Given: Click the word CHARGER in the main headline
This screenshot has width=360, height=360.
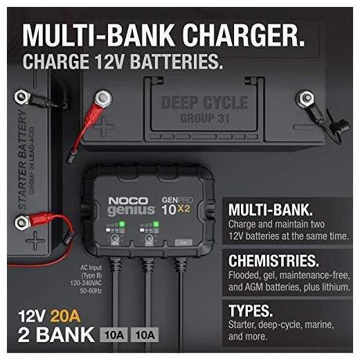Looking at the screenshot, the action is coord(244,35).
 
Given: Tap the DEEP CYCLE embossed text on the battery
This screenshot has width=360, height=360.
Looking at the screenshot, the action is coord(205,102).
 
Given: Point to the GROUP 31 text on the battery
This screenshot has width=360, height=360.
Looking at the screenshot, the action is coord(204,118).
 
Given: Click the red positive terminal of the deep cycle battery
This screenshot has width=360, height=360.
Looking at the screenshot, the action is coord(102,99).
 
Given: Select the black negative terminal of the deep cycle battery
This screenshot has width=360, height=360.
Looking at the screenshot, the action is coord(305,99).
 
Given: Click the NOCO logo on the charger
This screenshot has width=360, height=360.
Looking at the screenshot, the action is coord(128,201).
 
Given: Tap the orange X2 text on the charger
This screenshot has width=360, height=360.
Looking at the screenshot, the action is coord(183,208).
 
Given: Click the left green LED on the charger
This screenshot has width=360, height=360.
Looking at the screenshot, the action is coord(122,224).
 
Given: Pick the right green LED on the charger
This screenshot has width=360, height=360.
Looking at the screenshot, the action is coord(156,224).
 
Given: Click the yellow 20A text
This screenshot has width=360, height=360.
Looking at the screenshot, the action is coord(65,316).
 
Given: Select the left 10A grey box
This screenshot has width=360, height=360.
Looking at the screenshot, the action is coord(114,334).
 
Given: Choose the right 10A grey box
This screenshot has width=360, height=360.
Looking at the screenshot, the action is coord(145,334).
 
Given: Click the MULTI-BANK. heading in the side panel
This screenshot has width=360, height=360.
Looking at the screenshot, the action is coord(271,210).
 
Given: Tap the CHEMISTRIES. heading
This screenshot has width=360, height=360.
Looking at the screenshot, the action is coord(273,260).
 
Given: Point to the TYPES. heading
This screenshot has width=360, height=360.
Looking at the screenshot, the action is coord(251,311).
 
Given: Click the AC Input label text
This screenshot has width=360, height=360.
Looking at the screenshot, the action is coord(91,268).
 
